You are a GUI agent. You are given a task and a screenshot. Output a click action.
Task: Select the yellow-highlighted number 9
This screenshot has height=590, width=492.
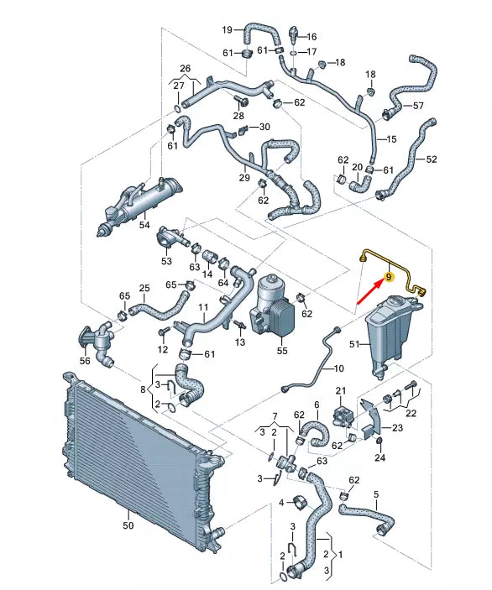pos(389,275)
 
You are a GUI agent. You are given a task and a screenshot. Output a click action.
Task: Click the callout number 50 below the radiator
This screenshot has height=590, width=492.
pos(128,526)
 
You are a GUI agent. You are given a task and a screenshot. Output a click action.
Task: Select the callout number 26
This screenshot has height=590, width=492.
pos(186,68)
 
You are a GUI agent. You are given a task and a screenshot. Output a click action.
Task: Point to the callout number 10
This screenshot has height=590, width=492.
pos(338,368)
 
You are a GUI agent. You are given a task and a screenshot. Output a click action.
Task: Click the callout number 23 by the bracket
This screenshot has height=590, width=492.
pos(397,428)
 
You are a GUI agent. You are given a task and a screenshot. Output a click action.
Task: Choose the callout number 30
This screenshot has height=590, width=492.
pos(264,127)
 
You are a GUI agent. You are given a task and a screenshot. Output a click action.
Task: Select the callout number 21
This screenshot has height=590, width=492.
pos(341,390)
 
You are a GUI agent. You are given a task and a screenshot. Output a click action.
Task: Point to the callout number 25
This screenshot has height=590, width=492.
pos(144,289)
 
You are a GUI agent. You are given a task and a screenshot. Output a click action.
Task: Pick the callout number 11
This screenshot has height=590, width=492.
pos(202,308)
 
